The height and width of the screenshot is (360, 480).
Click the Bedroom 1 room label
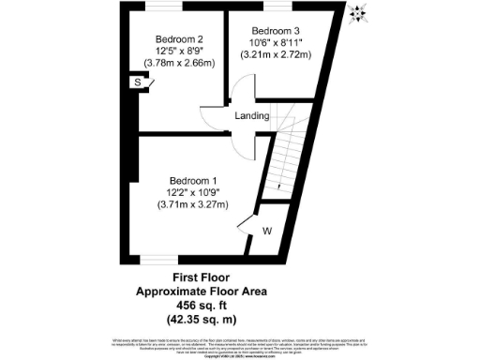pyautogui.click(x=193, y=180)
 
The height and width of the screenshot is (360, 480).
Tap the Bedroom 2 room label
pyautogui.click(x=179, y=38)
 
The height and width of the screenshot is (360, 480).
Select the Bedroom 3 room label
pyautogui.click(x=276, y=30)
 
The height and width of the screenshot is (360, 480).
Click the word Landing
pyautogui.click(x=252, y=116)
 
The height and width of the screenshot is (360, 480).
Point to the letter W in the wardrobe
pyautogui.click(x=267, y=230)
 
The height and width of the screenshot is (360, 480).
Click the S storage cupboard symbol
pyautogui.click(x=138, y=83)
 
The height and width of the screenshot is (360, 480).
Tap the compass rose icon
pyautogui.click(x=357, y=12)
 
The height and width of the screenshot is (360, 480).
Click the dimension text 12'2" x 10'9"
pyautogui.click(x=193, y=192)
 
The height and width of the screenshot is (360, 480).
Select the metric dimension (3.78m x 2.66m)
pyautogui.click(x=179, y=63)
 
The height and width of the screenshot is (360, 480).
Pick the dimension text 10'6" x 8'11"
pyautogui.click(x=276, y=42)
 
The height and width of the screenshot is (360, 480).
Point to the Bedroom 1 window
pyautogui.click(x=157, y=259)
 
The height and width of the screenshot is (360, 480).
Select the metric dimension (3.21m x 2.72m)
pyautogui.click(x=276, y=54)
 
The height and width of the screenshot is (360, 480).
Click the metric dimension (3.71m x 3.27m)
pyautogui.click(x=193, y=204)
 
